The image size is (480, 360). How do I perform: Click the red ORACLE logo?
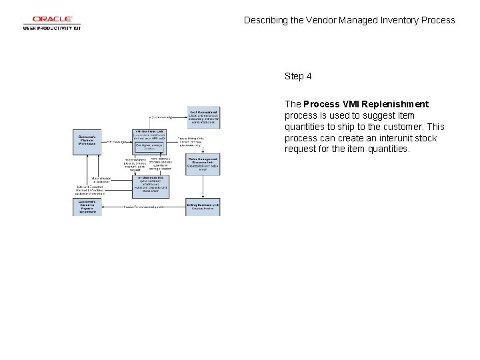click(x=51, y=19)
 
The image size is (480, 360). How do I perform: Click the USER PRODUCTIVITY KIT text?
click(x=52, y=28)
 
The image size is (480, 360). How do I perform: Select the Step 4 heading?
click(x=298, y=76)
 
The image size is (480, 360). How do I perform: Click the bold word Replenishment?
click(x=397, y=104)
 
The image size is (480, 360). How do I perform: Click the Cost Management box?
click(x=204, y=117)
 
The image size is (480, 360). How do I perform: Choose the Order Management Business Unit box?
click(x=203, y=163)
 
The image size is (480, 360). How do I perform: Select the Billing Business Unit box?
click(x=203, y=207)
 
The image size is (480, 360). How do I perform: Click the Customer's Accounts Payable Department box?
click(x=87, y=207)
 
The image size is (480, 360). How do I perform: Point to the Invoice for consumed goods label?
click(x=144, y=207)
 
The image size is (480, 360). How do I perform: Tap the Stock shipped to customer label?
click(x=101, y=179)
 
